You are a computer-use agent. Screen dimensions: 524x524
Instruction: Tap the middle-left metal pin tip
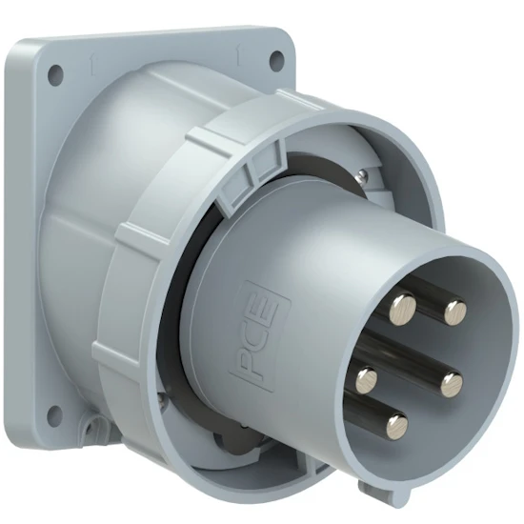coord(368,381)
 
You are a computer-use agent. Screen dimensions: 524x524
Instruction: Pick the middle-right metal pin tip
coord(451,384)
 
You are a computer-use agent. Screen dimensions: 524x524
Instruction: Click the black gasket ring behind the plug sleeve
coord(181,314)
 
